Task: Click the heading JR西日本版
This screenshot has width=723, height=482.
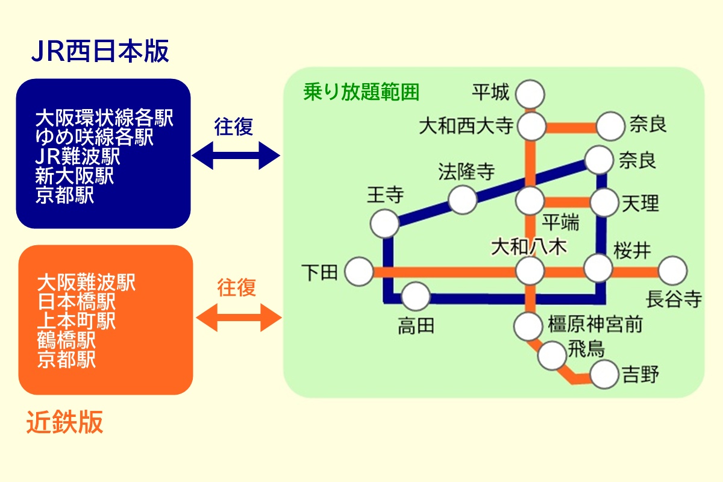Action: pyautogui.click(x=100, y=52)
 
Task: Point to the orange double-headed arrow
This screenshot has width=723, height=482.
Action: pyautogui.click(x=239, y=316)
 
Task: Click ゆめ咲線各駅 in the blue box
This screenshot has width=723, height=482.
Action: pyautogui.click(x=94, y=138)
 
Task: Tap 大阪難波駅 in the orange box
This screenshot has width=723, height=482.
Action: pyautogui.click(x=86, y=282)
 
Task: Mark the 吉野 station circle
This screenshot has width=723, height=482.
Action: pyautogui.click(x=605, y=375)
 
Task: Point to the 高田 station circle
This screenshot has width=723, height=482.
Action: pyautogui.click(x=415, y=296)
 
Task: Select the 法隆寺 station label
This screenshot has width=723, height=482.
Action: pyautogui.click(x=466, y=172)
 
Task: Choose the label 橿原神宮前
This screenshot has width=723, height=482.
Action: pyautogui.click(x=595, y=325)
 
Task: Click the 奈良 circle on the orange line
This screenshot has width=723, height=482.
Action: pyautogui.click(x=610, y=127)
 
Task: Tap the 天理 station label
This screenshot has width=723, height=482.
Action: pyautogui.click(x=641, y=203)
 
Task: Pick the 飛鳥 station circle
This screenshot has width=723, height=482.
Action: pyautogui.click(x=553, y=355)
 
